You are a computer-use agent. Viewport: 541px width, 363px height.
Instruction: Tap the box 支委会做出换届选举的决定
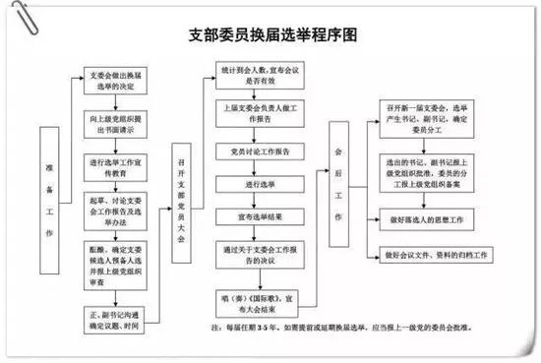(x=119, y=81)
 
